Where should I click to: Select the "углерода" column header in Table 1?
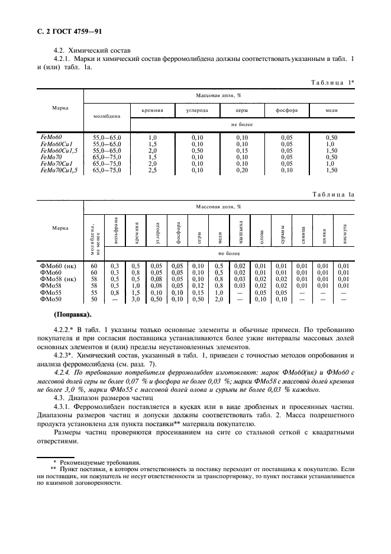click(197, 110)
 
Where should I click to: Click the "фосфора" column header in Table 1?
click(286, 110)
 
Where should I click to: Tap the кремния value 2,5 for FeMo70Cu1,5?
click(152, 170)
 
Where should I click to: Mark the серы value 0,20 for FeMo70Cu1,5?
click(243, 170)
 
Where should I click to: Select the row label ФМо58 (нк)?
click(58, 278)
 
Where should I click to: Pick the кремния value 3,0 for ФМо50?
click(135, 299)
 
